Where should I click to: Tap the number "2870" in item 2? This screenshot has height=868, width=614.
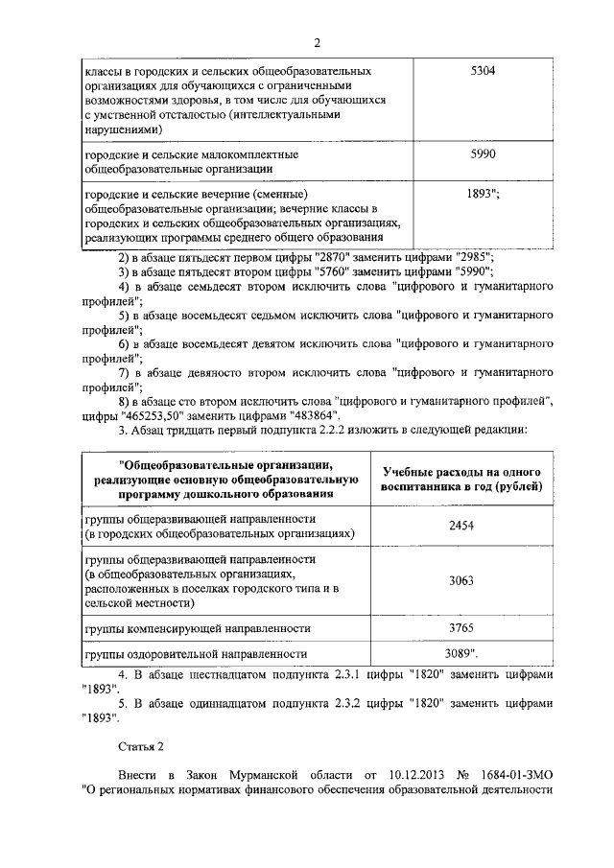pyautogui.click(x=333, y=256)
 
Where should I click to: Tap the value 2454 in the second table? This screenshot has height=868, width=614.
pyautogui.click(x=462, y=527)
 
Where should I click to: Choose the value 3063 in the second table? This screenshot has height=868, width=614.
pyautogui.click(x=462, y=580)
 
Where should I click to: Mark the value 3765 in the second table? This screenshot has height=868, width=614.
pyautogui.click(x=462, y=628)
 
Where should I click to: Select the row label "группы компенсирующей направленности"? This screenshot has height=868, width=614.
pyautogui.click(x=198, y=628)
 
